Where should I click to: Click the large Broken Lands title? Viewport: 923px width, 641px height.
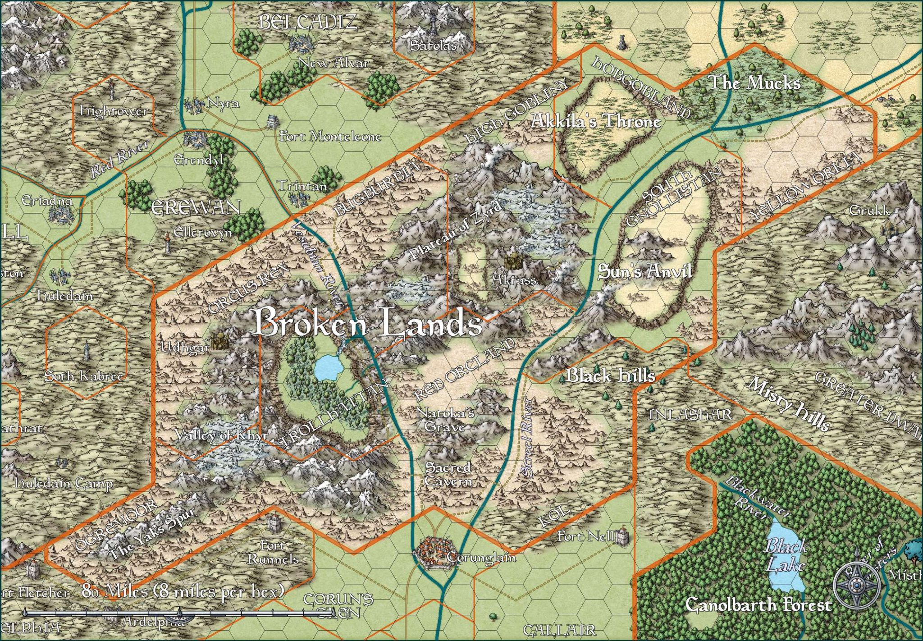[x=367, y=323]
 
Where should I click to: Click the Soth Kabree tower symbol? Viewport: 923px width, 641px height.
[x=86, y=351]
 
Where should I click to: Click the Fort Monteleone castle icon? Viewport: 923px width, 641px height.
[x=273, y=121]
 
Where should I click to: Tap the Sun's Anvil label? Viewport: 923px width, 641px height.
[x=644, y=272]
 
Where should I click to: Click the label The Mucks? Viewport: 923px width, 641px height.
[x=754, y=83]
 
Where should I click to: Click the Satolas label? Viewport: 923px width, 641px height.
[x=433, y=45]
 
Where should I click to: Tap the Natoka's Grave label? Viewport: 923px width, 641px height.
[x=445, y=419]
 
